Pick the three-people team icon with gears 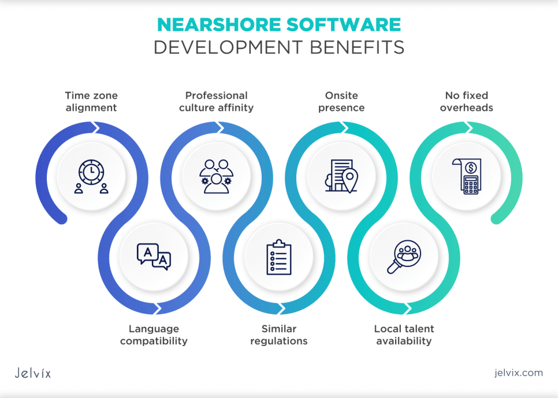pyautogui.click(x=216, y=174)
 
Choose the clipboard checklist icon pyautogui.click(x=278, y=257)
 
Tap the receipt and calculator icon pyautogui.click(x=466, y=175)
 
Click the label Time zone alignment pyautogui.click(x=91, y=102)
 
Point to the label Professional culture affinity pyautogui.click(x=216, y=102)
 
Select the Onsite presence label pyautogui.click(x=341, y=102)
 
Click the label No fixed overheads pyautogui.click(x=466, y=102)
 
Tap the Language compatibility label pyautogui.click(x=154, y=335)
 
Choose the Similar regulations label pyautogui.click(x=278, y=335)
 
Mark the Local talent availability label pyautogui.click(x=404, y=335)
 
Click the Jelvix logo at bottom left pyautogui.click(x=32, y=373)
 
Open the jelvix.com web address pyautogui.click(x=512, y=373)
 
